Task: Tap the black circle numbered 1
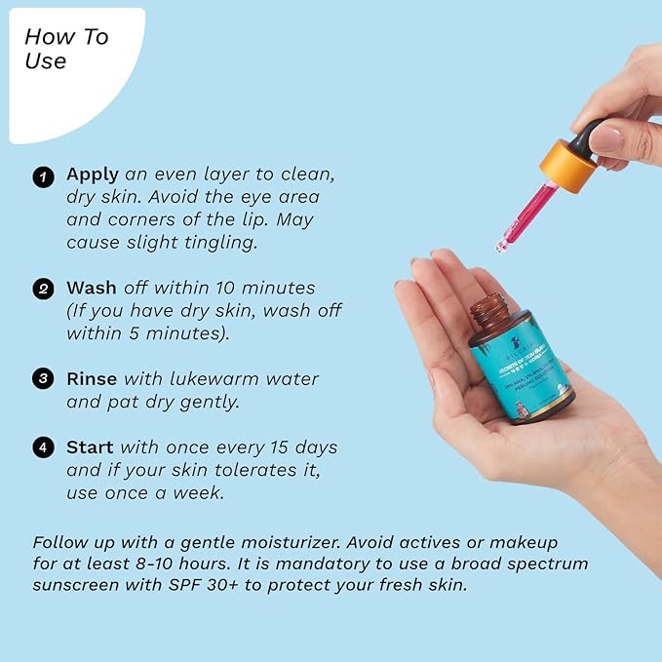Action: click(x=42, y=176)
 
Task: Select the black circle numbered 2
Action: click(x=42, y=290)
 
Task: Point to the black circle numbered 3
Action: click(x=42, y=379)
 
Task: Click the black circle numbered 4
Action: click(x=42, y=448)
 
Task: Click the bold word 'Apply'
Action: click(x=93, y=175)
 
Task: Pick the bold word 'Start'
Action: click(x=90, y=448)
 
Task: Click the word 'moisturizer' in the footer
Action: click(x=307, y=541)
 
